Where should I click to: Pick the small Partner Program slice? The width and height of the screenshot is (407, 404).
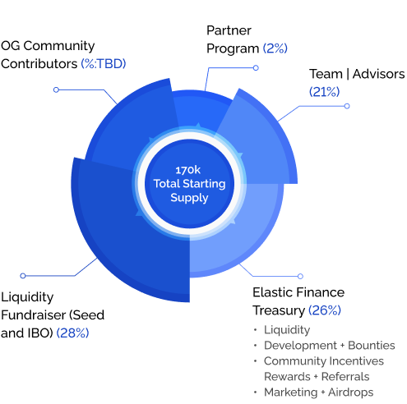[201, 109]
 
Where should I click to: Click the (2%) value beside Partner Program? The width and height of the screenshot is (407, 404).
[275, 48]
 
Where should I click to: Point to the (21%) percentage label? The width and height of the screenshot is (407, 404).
[324, 91]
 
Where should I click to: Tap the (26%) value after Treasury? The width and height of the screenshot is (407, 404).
[325, 310]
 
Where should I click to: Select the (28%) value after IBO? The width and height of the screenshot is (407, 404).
[72, 333]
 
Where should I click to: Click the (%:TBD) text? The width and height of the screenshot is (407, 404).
[104, 63]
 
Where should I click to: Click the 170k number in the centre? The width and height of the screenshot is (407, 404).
[188, 170]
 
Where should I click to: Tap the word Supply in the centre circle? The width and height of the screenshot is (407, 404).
[189, 197]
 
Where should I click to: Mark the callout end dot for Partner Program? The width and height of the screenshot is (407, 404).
[256, 67]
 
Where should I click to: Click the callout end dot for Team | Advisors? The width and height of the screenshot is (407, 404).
[347, 106]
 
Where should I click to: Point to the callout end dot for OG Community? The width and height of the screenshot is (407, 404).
[56, 90]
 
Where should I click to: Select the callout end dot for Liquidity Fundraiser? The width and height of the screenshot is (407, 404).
[23, 276]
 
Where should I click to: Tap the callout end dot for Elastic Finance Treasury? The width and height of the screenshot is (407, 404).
[300, 276]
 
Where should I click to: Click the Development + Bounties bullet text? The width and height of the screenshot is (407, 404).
[330, 345]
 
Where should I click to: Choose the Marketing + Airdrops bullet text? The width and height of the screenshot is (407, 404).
[319, 392]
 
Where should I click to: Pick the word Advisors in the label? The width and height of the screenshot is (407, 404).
[378, 74]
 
